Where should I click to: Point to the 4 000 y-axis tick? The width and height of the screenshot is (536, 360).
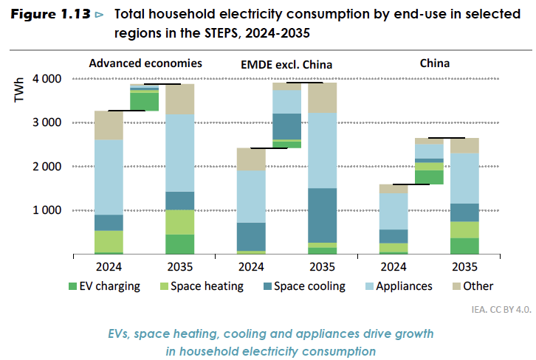47,78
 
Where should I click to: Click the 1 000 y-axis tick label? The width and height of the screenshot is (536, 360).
47,210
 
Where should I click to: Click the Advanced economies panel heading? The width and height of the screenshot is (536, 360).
145,63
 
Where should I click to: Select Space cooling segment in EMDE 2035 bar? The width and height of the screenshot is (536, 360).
322,215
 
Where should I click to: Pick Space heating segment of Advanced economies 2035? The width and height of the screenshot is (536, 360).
180,222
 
